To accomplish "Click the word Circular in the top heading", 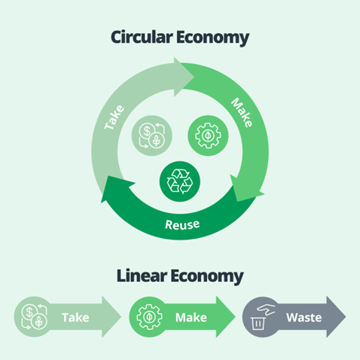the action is (x=142, y=37).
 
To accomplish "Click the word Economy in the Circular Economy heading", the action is (x=212, y=38).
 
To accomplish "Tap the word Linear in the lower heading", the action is (x=142, y=276).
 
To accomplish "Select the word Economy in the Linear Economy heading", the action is (x=207, y=277).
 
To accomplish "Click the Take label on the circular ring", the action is (x=114, y=117).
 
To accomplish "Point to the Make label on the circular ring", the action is (x=242, y=112).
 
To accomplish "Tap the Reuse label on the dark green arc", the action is (x=182, y=224).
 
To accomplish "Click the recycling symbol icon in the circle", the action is (x=180, y=182).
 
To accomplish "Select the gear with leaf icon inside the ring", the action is (x=208, y=136).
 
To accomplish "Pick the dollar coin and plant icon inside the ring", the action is (x=152, y=136).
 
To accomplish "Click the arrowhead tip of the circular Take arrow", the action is (x=194, y=77).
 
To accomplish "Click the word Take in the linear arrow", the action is (x=75, y=318).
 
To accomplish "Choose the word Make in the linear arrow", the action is (x=191, y=318).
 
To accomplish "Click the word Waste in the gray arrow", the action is (x=304, y=318).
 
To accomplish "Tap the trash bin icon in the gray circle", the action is (x=258, y=323).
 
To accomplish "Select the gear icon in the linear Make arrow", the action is (x=149, y=316).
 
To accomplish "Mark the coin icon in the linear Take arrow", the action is (x=35, y=316).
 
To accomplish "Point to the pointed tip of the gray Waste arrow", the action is (x=346, y=316).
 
